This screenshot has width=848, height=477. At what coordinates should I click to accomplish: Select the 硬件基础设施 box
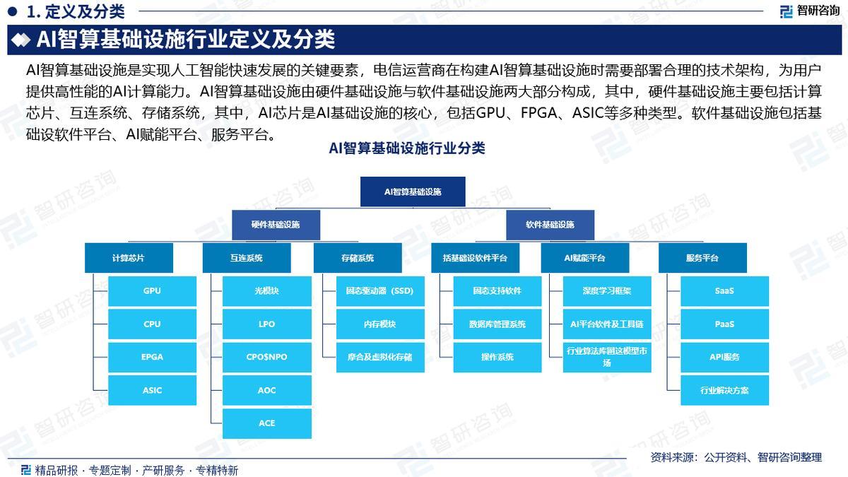pyautogui.click(x=276, y=225)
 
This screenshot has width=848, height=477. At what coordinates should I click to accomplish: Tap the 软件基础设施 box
pyautogui.click(x=550, y=225)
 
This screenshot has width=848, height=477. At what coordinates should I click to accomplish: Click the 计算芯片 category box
pyautogui.click(x=128, y=258)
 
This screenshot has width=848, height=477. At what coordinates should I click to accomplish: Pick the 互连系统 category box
pyautogui.click(x=246, y=258)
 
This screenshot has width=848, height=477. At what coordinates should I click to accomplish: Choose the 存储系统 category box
pyautogui.click(x=357, y=258)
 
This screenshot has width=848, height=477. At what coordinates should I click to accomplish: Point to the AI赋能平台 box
pyautogui.click(x=584, y=258)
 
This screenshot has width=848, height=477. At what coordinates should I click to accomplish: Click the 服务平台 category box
pyautogui.click(x=702, y=258)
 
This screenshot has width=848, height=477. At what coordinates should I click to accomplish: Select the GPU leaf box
pyautogui.click(x=152, y=291)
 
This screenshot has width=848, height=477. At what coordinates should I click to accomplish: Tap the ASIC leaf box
pyautogui.click(x=152, y=390)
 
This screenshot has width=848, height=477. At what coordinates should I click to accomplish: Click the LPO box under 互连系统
pyautogui.click(x=266, y=324)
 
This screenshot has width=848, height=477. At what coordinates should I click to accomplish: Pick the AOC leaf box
pyautogui.click(x=266, y=390)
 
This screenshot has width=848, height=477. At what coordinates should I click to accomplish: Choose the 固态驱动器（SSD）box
pyautogui.click(x=379, y=291)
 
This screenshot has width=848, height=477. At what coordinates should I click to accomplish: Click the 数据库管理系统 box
pyautogui.click(x=497, y=324)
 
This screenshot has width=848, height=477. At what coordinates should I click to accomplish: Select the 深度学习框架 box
pyautogui.click(x=607, y=291)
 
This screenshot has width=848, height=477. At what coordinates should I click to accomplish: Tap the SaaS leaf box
pyautogui.click(x=724, y=291)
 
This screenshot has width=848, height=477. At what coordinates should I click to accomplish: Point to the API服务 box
pyautogui.click(x=724, y=357)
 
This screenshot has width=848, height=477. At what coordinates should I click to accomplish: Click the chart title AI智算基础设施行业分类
pyautogui.click(x=406, y=148)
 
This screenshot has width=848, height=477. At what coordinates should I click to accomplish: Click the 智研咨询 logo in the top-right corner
pyautogui.click(x=810, y=11)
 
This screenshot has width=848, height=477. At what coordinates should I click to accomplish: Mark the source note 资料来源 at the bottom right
pyautogui.click(x=736, y=457)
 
